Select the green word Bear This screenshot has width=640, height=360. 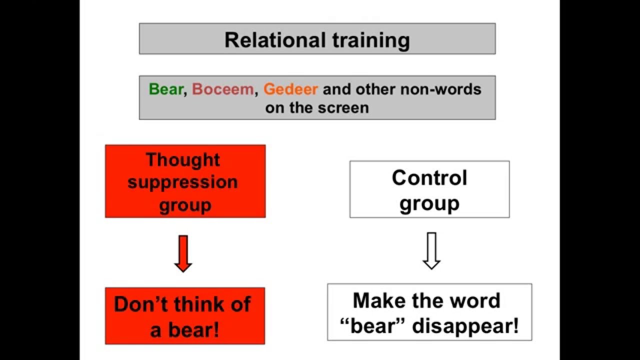click(166, 89)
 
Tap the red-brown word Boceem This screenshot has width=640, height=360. click(222, 89)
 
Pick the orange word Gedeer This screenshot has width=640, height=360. click(290, 89)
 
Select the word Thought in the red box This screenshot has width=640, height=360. click(183, 159)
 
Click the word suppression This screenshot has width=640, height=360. click(182, 182)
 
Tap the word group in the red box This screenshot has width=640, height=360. click(185, 205)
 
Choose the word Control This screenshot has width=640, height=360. click(429, 177)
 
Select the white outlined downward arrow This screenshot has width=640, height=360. click(431, 250)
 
